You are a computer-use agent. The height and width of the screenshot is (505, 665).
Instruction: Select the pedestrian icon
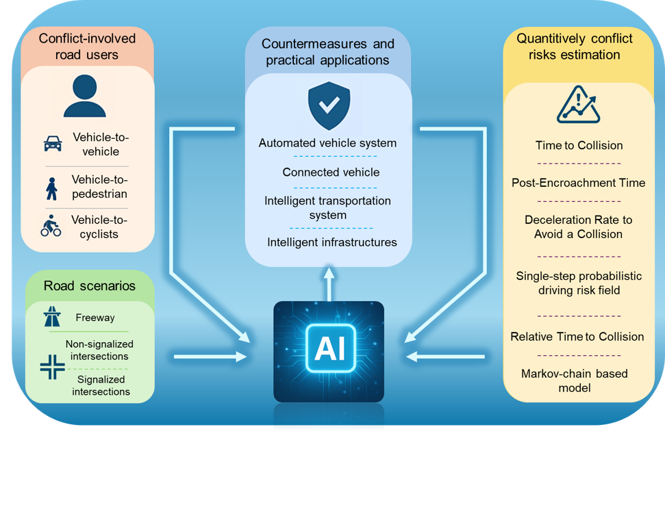pos(52,187)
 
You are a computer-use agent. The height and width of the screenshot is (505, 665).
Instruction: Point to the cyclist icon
pos(51,226)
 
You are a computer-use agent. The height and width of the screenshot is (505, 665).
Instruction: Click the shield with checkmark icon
pos(329,106)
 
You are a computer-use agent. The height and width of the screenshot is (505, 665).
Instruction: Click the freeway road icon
pos(51,317)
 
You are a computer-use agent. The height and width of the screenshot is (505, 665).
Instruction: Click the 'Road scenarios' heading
pos(90,286)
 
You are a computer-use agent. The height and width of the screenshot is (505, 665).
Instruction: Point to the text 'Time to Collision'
pos(579,145)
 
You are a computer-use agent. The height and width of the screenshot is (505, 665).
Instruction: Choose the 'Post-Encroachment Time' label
pos(579,183)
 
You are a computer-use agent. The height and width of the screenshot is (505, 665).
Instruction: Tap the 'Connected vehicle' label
pos(331,172)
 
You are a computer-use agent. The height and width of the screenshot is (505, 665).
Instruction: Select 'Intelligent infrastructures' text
pos(332,242)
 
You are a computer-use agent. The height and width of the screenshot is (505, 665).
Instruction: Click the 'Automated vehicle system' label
pos(327,144)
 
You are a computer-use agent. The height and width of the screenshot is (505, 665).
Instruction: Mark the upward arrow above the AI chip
pos(329,282)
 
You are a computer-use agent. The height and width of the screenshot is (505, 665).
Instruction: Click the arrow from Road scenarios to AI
pos(210,357)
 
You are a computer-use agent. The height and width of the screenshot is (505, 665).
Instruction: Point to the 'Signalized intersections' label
pos(101,385)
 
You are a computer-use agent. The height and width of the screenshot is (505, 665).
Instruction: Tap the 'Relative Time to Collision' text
pos(577,337)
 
